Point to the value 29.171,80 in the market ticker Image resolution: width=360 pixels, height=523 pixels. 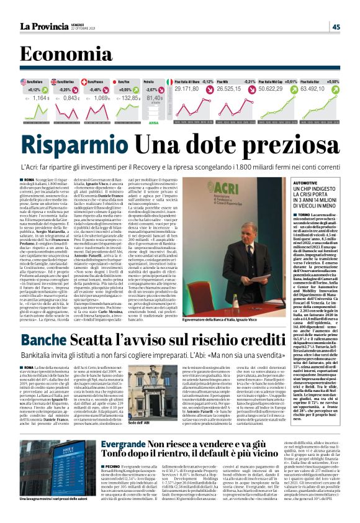pyautogui.click(x=186, y=89)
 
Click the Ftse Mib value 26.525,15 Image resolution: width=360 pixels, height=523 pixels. pyautogui.click(x=233, y=89)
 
